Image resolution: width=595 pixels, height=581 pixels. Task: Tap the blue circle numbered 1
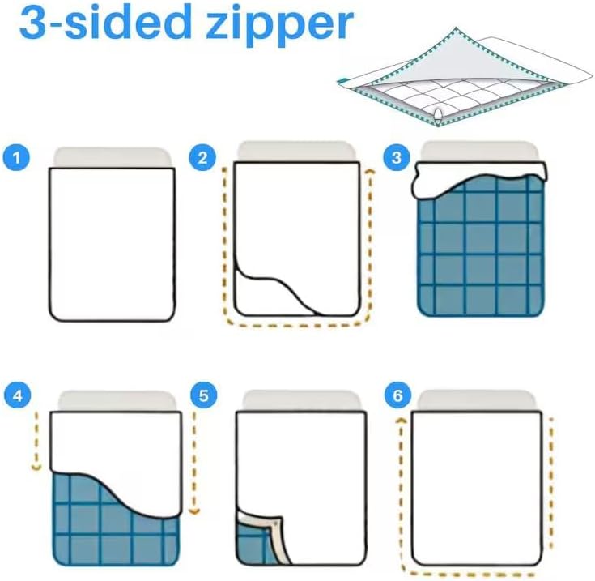16,157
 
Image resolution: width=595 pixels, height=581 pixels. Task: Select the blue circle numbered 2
202,157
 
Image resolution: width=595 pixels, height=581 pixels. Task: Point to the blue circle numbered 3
397,157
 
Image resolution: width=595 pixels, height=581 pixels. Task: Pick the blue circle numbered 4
18,395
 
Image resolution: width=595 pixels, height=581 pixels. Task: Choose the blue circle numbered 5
204,395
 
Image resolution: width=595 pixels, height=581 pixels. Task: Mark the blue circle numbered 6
397,395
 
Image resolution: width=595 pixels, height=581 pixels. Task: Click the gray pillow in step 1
113,157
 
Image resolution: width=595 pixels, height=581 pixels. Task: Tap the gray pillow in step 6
477,400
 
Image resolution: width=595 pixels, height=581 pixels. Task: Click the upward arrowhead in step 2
370,173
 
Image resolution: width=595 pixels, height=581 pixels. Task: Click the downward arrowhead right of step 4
194,511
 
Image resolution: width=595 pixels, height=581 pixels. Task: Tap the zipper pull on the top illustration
438,115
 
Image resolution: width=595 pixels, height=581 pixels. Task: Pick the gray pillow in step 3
479,152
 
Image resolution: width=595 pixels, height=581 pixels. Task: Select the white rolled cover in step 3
481,177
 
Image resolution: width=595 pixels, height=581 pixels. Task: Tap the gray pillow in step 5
302,400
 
